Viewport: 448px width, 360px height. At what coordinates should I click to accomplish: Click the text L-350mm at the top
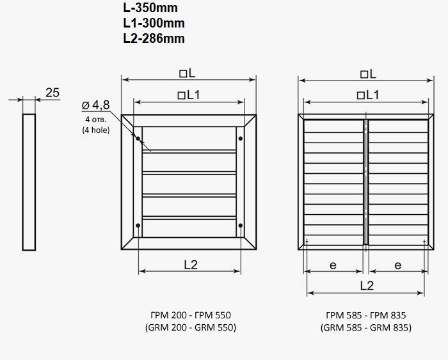(150, 8)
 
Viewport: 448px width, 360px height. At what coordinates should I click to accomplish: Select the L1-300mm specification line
(154, 23)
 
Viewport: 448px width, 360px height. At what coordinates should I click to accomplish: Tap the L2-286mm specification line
(154, 38)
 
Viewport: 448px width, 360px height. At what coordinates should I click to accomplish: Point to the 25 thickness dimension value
(52, 93)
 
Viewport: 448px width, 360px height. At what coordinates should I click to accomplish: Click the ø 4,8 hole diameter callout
(96, 105)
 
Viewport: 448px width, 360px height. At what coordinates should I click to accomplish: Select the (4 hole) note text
(96, 130)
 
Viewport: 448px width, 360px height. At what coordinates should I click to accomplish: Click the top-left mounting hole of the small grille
(138, 139)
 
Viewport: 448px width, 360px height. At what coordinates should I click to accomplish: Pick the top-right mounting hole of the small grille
(241, 139)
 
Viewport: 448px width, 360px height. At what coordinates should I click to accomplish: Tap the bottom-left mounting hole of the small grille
(138, 226)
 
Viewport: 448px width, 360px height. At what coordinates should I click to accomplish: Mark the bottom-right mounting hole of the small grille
(241, 226)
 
